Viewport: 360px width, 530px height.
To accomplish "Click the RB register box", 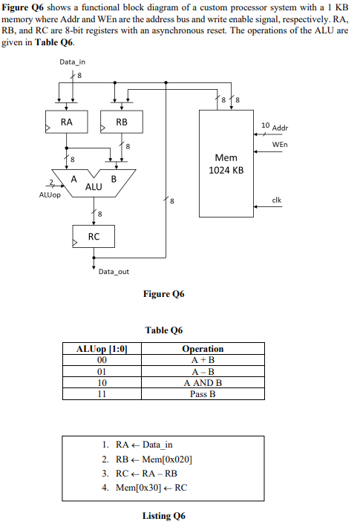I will tap(122, 122).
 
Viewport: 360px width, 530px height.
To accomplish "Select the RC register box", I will tap(94, 237).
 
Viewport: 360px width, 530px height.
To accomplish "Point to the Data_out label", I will tap(114, 272).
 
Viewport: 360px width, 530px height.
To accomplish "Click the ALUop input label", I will tap(49, 195).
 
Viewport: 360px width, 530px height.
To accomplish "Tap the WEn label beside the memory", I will tap(280, 144).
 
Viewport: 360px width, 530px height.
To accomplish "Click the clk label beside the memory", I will tap(276, 200).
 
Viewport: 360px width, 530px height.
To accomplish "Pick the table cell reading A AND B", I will tap(203, 383).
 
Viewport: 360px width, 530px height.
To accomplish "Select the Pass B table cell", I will tap(203, 394).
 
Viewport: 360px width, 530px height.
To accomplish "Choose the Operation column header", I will tap(203, 349).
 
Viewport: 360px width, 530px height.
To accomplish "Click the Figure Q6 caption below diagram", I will tap(163, 295).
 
